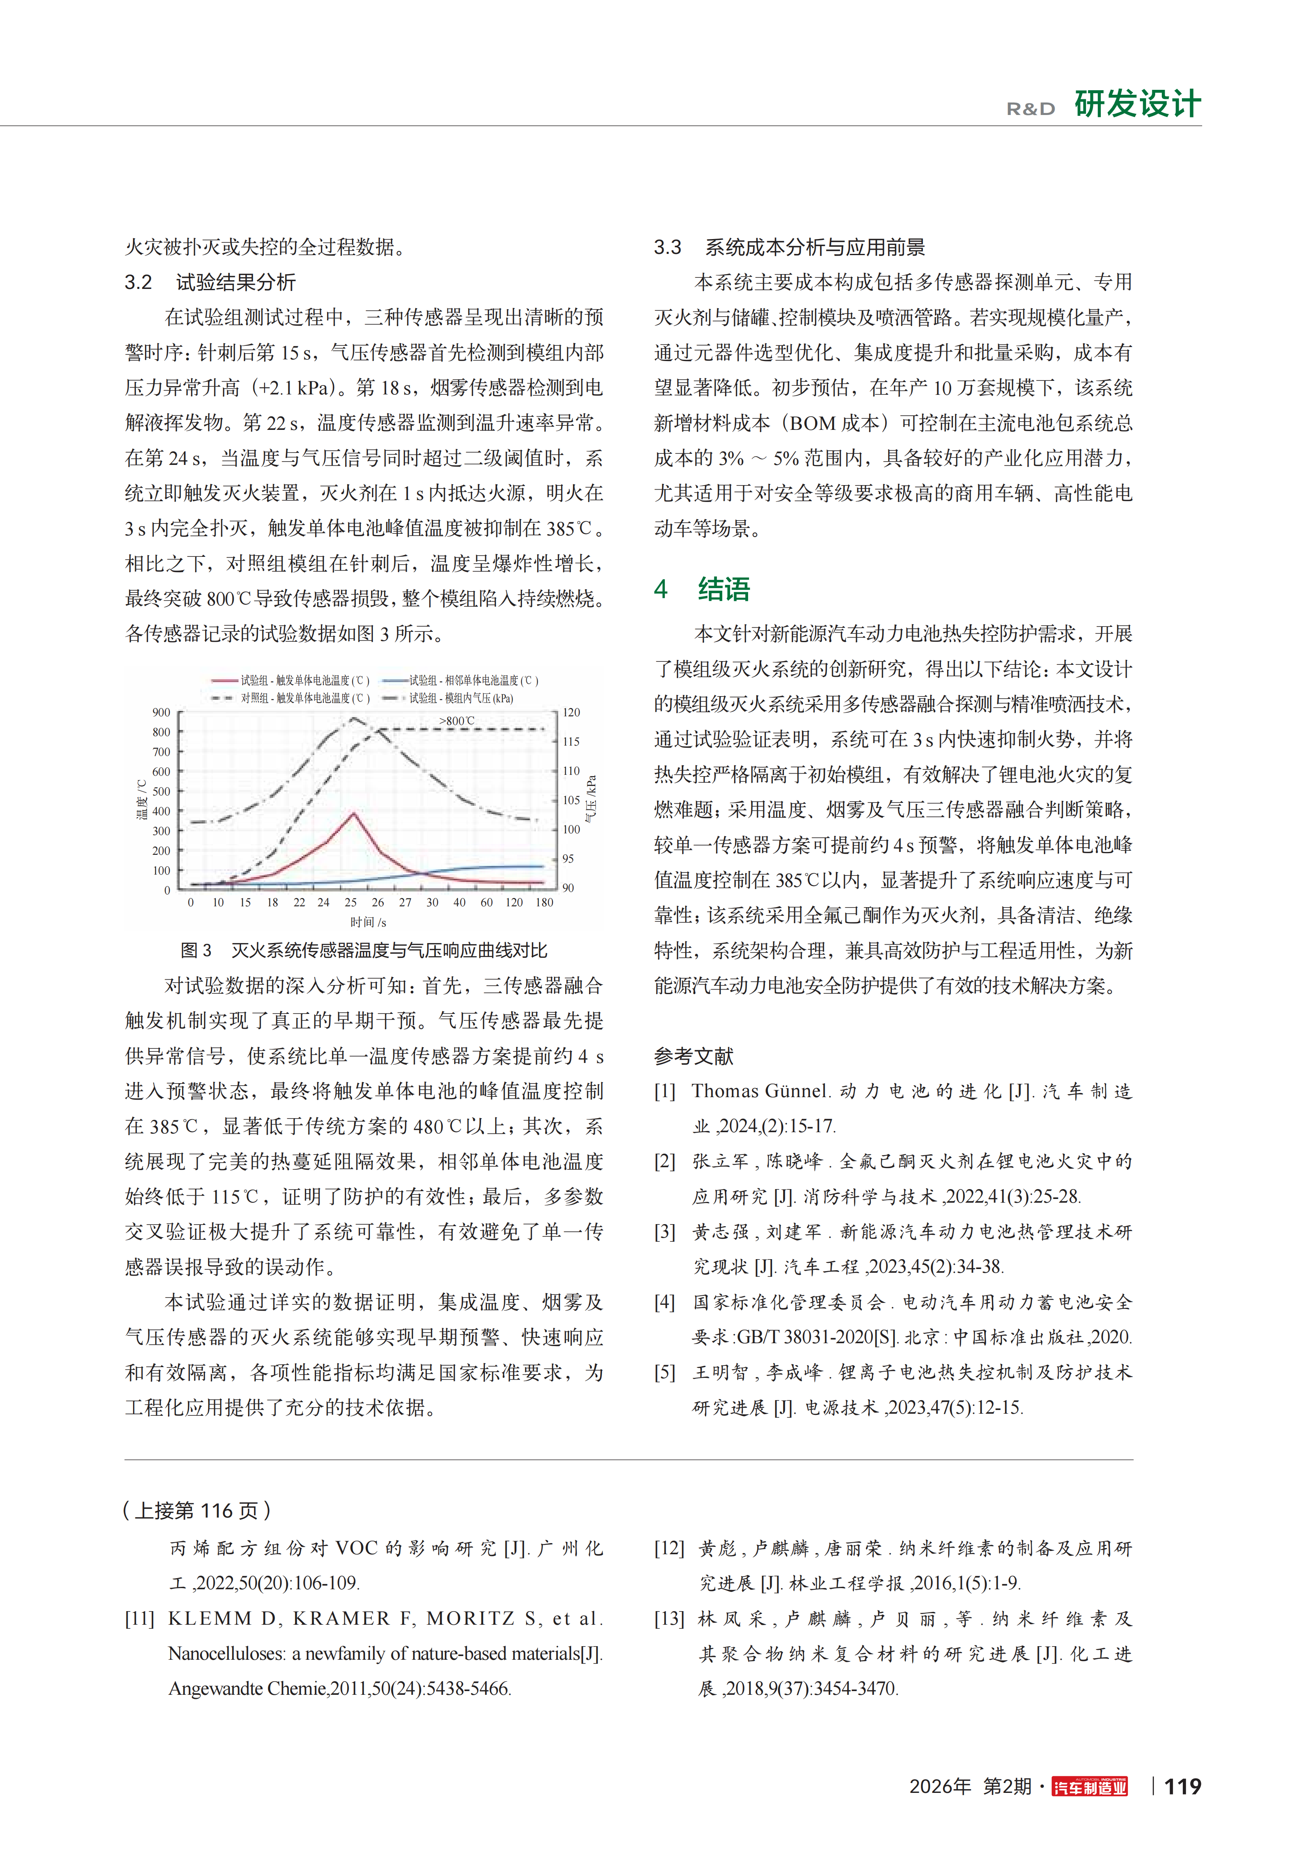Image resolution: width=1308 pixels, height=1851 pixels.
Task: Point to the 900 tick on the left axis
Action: [161, 713]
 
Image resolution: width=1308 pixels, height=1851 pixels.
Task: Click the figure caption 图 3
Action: [196, 950]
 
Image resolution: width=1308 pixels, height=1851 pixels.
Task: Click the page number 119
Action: [1182, 1787]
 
